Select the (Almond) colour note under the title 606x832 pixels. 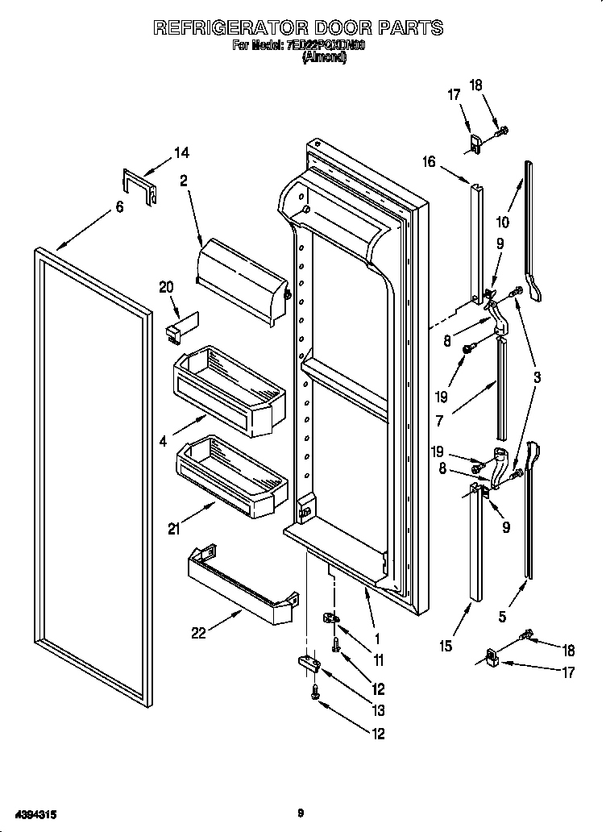323,59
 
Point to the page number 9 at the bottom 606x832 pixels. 300,813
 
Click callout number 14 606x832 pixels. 181,152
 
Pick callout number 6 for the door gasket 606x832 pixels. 119,207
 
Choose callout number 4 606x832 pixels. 164,441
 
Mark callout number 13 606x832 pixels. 377,711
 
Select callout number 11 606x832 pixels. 378,660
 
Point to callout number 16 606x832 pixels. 428,162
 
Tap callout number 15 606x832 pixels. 446,646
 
